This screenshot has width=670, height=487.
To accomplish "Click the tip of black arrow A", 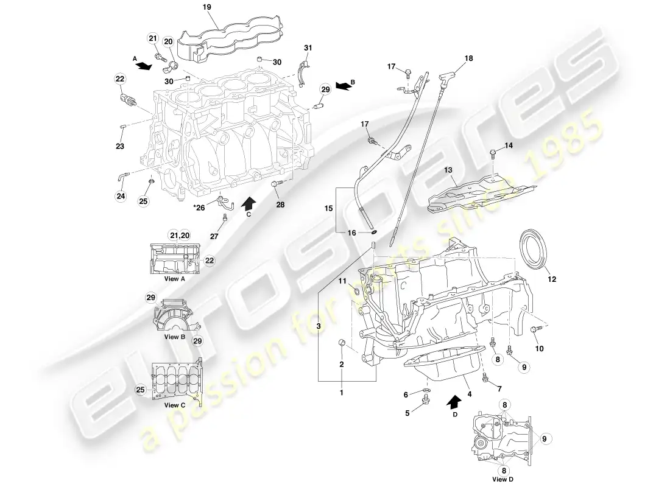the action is click(x=152, y=66).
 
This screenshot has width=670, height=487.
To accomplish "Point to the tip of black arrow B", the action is click(x=336, y=85).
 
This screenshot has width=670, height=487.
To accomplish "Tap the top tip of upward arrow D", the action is click(x=456, y=394).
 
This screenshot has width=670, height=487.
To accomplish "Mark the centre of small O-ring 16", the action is click(x=374, y=232).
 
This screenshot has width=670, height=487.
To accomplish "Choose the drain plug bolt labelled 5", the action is click(x=425, y=400).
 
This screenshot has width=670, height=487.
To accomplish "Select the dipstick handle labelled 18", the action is click(x=445, y=78).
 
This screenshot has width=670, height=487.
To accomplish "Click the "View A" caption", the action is click(x=174, y=279).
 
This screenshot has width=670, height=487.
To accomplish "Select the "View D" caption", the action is click(x=503, y=479).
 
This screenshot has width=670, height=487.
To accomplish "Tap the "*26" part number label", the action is click(x=199, y=208).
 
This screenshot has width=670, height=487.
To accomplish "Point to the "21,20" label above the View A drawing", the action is click(x=180, y=236).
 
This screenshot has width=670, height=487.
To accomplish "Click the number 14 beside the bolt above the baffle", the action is click(x=509, y=145).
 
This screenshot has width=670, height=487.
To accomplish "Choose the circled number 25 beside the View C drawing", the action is click(x=141, y=390).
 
